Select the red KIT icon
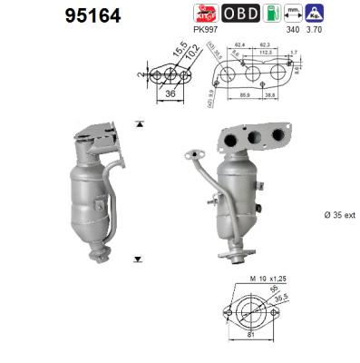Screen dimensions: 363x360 pyautogui.click(x=203, y=13)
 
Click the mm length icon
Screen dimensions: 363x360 pyautogui.click(x=316, y=13)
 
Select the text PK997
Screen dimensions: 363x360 pyautogui.click(x=209, y=28)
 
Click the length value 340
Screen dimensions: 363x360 pyautogui.click(x=316, y=29)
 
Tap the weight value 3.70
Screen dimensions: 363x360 pyautogui.click(x=342, y=29)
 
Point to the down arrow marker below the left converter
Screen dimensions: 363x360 pyautogui.click(x=138, y=258)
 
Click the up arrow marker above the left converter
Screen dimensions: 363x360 pyautogui.click(x=138, y=122)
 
